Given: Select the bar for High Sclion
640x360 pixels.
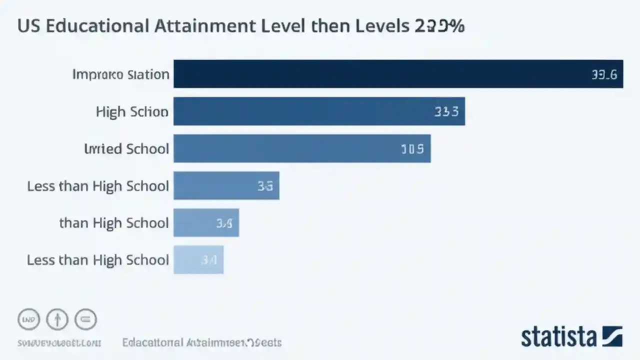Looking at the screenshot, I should point(319,111).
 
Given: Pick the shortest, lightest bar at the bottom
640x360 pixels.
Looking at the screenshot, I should point(198,259).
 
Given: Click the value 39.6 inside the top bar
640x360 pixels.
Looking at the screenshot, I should point(604,75).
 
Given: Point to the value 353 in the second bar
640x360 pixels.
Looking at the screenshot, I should point(446,111).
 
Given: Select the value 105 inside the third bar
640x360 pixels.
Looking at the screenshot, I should point(412,148).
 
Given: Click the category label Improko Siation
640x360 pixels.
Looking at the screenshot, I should point(120,74).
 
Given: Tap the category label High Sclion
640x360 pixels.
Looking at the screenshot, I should point(132,111).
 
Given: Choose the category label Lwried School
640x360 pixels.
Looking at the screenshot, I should point(126,148).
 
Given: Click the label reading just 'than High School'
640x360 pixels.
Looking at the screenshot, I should point(114,222).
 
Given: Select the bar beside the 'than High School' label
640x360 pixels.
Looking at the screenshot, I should point(206,222).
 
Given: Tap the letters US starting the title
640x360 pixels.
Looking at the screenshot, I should point(29,26).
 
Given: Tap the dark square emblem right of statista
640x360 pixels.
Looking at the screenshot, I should point(612,336).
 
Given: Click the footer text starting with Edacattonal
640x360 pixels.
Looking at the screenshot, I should point(202,343).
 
